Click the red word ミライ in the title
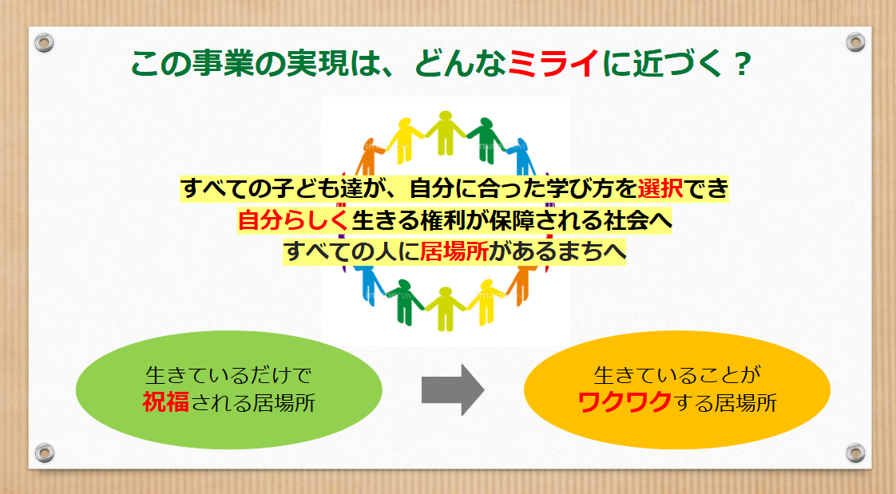tap(553, 63)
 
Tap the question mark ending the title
tap(743, 65)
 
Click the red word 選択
tap(660, 188)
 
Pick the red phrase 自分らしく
tap(293, 220)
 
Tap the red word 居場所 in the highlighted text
tap(454, 251)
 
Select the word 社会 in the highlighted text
tap(626, 220)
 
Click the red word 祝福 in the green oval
tap(166, 403)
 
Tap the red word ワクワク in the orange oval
tap(624, 403)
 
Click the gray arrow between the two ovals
tap(453, 390)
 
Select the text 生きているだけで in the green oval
tap(228, 375)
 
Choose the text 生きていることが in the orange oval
tap(677, 375)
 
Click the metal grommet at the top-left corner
tap(44, 42)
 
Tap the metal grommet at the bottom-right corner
tap(855, 453)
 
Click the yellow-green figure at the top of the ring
tap(445, 132)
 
